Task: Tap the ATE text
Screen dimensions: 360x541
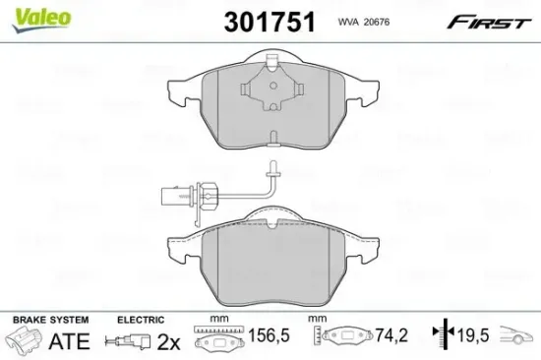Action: (68, 341)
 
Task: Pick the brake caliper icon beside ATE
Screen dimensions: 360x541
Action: (26, 341)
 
